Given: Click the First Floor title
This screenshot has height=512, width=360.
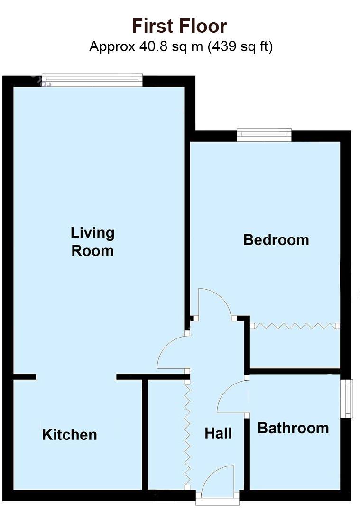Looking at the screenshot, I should [x=179, y=26].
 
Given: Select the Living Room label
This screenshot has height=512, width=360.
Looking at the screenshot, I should [x=92, y=242].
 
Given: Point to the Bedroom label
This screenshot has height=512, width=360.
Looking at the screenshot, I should [x=276, y=240].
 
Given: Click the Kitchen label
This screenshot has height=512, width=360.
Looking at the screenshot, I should [x=70, y=435].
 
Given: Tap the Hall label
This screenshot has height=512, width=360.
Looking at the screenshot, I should [x=218, y=433].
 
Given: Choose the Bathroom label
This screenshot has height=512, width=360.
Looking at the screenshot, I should [x=293, y=428].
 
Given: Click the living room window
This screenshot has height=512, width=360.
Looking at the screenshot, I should [x=92, y=80].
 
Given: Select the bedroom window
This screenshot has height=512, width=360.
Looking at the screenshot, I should [x=264, y=135].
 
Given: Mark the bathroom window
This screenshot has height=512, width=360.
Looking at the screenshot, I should [x=349, y=398].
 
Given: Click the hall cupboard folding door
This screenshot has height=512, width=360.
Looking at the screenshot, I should [x=187, y=431].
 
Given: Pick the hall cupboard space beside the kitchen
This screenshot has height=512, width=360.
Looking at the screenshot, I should [x=166, y=434].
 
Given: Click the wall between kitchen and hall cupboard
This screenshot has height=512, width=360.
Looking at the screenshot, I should [x=145, y=434].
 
